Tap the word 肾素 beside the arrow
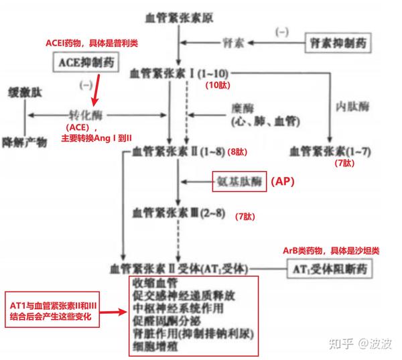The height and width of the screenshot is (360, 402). click(x=233, y=42)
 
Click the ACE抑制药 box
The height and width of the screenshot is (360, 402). click(x=82, y=64)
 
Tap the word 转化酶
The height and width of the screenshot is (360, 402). click(x=86, y=115)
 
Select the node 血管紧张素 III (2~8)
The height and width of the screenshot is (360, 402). click(x=178, y=213)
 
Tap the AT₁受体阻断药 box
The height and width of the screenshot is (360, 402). click(x=327, y=269)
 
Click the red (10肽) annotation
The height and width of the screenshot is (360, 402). click(x=217, y=86)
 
